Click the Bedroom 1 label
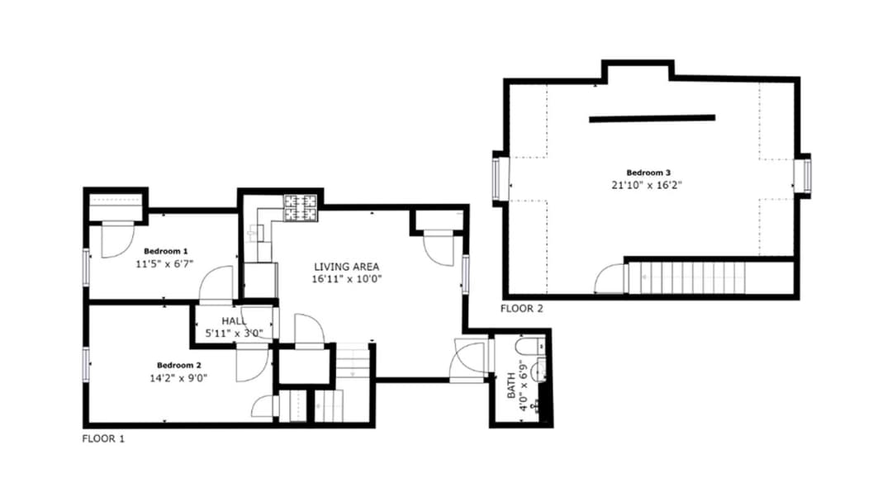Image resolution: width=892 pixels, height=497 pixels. point(165,251)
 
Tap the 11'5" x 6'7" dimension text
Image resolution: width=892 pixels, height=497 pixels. point(165,264)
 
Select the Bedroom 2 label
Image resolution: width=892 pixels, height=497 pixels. point(179,366)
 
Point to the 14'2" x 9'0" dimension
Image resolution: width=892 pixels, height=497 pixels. point(178,378)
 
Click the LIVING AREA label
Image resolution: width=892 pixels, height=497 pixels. point(346,267)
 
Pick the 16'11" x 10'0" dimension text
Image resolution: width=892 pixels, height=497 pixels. point(346,279)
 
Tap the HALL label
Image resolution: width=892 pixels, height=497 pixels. point(235,321)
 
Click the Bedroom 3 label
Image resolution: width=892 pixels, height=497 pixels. point(648,173)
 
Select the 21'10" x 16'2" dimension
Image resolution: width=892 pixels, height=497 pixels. point(647,186)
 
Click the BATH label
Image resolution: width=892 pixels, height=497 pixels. point(511,386)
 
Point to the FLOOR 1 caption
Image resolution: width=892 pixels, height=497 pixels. point(103,439)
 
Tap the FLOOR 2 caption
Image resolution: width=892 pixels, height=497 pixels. point(522,309)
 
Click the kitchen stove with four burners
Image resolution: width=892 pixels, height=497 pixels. point(301,207)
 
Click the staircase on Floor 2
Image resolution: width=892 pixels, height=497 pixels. point(686,277)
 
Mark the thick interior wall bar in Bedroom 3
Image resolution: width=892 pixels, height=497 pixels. point(652,119)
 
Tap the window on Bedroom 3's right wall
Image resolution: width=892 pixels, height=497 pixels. point(806,176)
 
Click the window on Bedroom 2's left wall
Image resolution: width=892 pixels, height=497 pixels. point(87,365)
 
